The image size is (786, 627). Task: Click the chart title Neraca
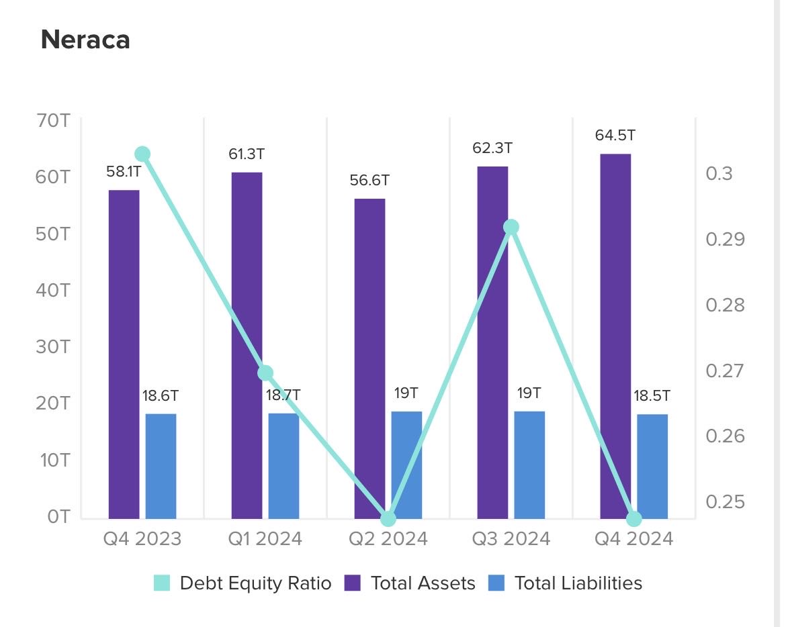[85, 40]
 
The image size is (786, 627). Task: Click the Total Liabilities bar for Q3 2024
[529, 465]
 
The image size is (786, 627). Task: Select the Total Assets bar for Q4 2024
[615, 336]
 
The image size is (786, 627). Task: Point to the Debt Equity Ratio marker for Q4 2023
[142, 154]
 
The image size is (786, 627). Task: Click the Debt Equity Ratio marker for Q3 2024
[511, 227]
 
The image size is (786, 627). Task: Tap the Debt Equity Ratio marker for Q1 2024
[265, 373]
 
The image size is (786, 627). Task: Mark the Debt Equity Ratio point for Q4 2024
[634, 519]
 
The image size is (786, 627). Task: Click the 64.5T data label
[615, 136]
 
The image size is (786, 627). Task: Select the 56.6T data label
[369, 181]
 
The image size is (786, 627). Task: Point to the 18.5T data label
[652, 395]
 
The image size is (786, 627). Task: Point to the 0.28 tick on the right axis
[725, 305]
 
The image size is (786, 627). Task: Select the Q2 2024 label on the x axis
[388, 539]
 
